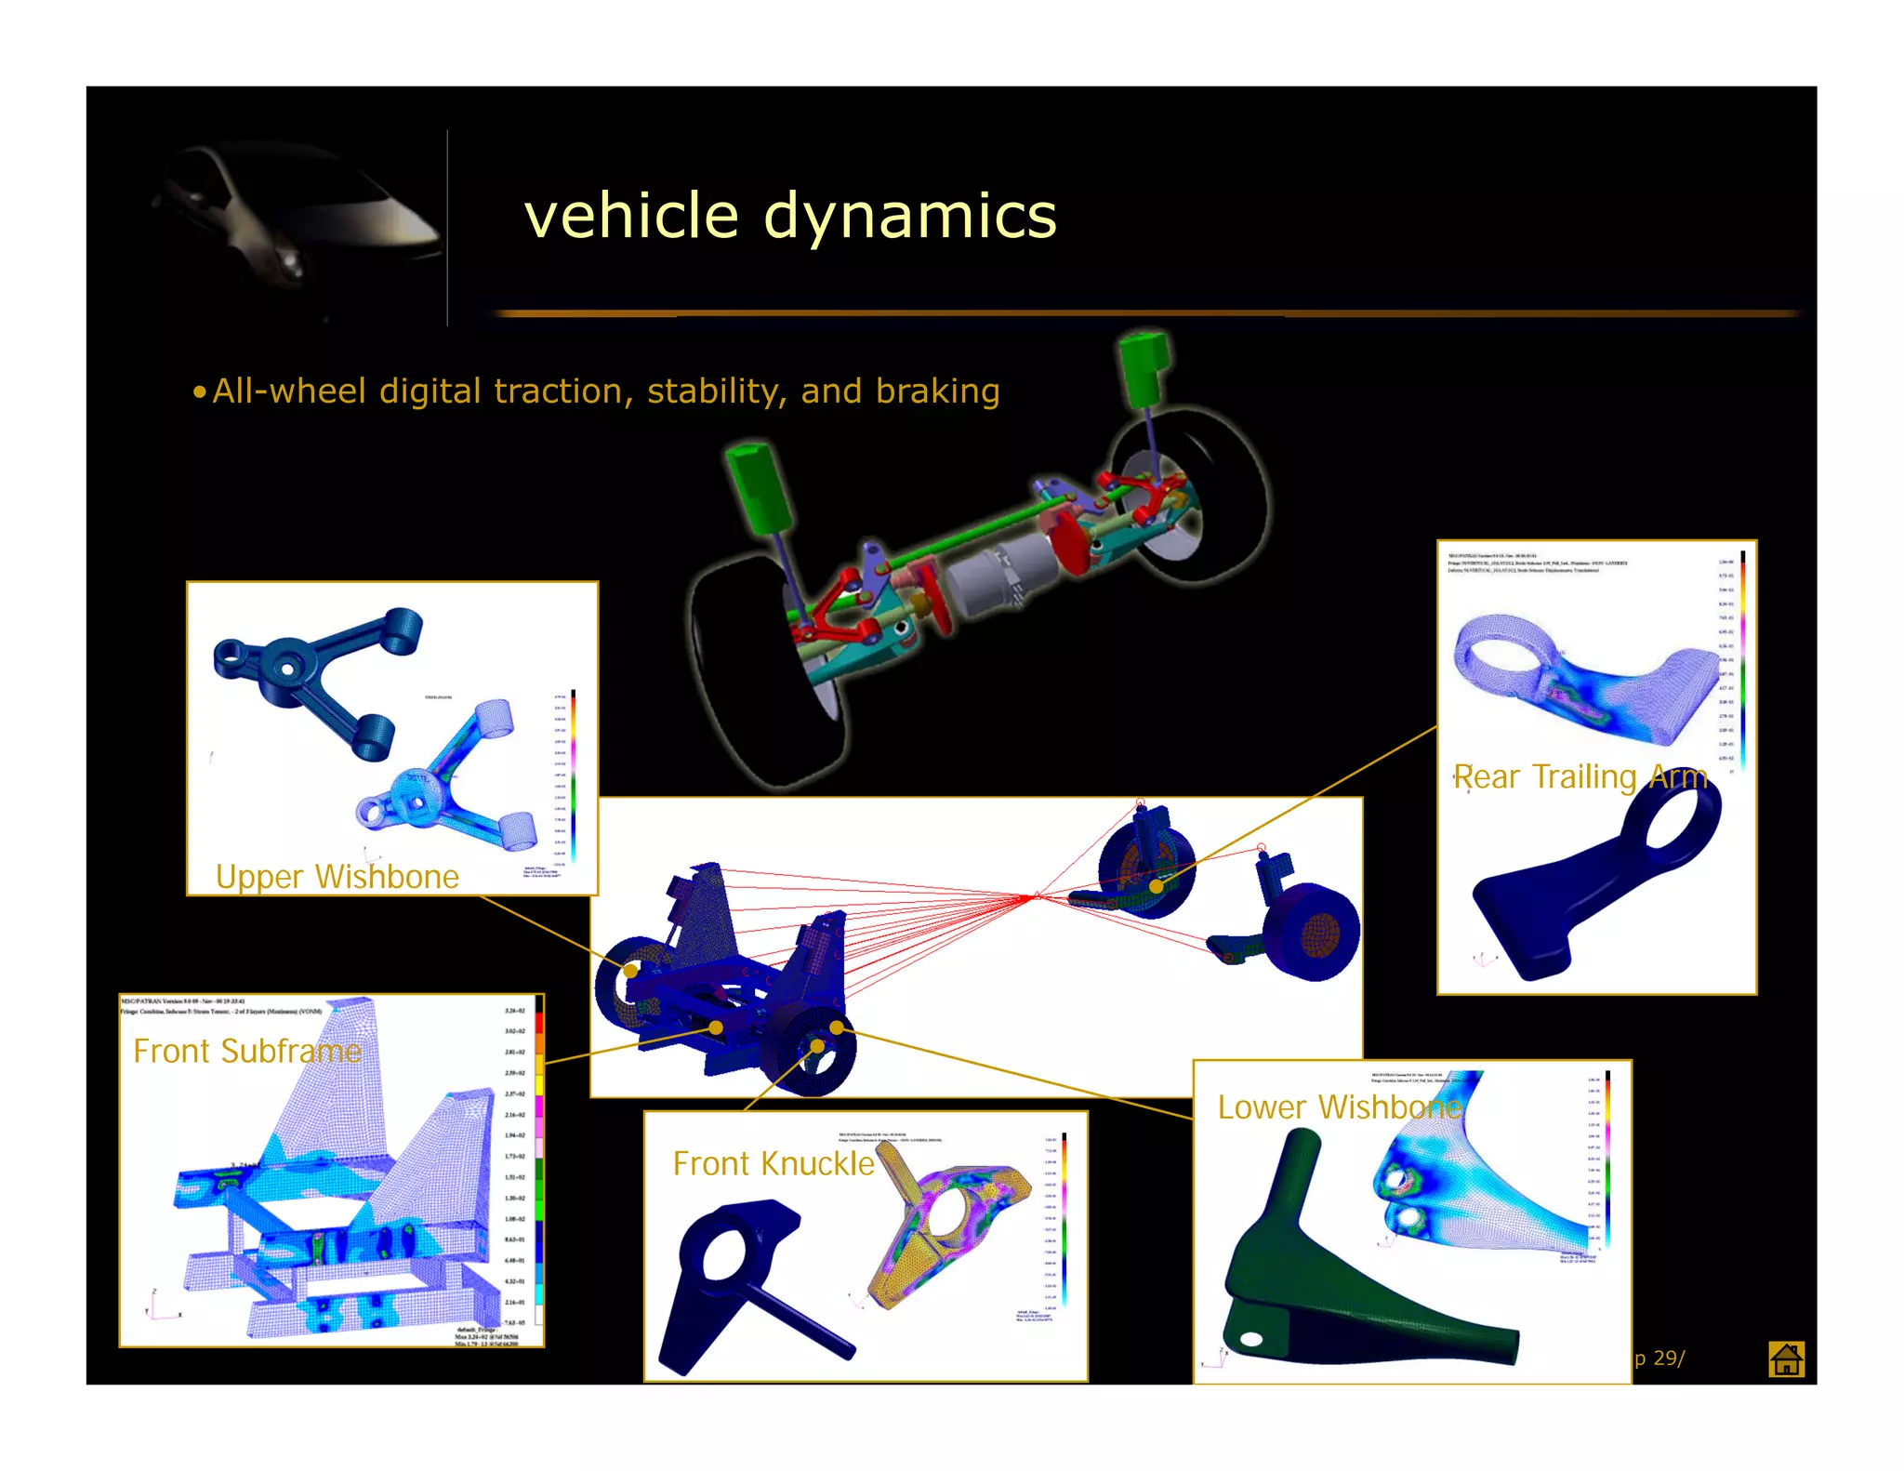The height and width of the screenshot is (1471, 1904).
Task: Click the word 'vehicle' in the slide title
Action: (631, 216)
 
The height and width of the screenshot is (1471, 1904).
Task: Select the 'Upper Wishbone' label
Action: (337, 877)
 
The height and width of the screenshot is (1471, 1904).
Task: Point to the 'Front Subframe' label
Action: (246, 1051)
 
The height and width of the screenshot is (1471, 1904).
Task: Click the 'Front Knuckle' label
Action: (773, 1163)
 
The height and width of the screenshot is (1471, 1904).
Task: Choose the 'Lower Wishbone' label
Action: (1339, 1107)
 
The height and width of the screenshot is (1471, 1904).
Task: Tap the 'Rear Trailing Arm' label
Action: (1580, 776)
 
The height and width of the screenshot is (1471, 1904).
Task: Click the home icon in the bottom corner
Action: (1786, 1359)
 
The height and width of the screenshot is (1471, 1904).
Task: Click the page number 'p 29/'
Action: (1659, 1358)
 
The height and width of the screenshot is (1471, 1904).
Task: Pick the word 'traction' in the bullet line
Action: (562, 391)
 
